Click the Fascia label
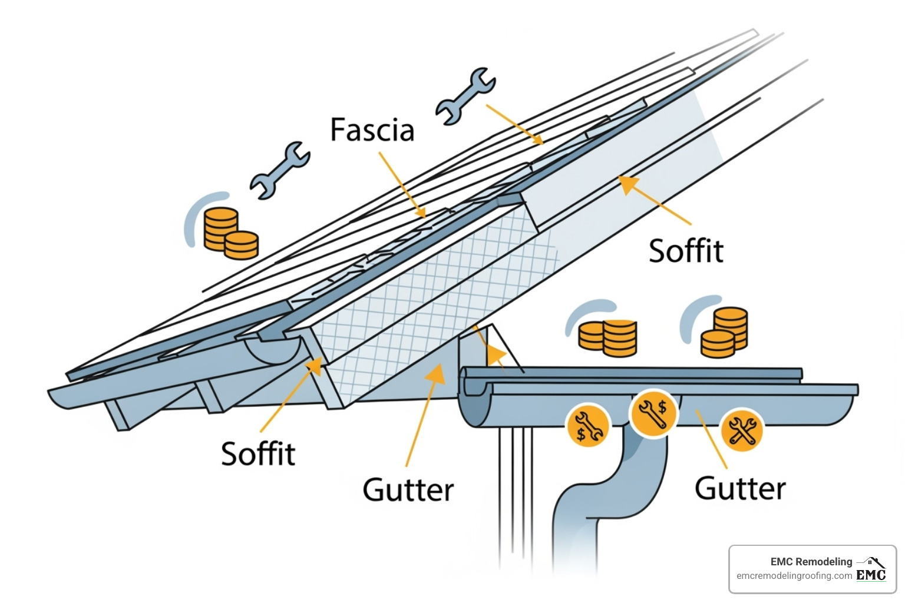372,130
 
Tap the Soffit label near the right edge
686,251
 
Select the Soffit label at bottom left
258,454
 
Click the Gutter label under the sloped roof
408,490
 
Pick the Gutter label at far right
740,489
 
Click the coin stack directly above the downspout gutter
607,337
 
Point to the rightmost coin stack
725,333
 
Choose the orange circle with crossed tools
742,431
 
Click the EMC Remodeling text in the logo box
811,562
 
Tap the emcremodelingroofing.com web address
794,576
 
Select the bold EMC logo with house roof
871,570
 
